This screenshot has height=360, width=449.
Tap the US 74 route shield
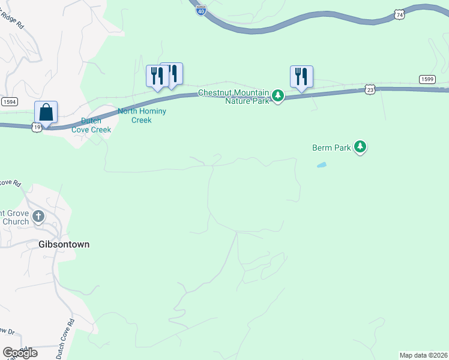coord(399,13)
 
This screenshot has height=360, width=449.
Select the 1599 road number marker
coord(427,80)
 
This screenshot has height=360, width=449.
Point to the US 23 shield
coord(370,89)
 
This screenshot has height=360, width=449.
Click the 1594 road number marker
coord(9,102)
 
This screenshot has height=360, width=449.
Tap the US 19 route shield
coord(37,127)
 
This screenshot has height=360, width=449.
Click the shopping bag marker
coord(46,112)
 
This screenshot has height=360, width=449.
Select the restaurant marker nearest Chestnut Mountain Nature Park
coord(301,76)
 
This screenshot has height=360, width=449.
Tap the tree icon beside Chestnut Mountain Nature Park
coord(278,95)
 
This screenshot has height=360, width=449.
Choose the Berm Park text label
coord(331,147)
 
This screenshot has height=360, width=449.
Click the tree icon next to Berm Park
coord(360,146)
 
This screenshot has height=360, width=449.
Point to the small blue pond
coord(322,165)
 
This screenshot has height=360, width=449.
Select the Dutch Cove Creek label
coord(91,125)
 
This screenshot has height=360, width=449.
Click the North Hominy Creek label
coord(142,115)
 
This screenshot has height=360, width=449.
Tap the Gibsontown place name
coord(63,245)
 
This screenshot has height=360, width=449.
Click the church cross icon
coord(39,217)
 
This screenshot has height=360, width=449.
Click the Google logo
coord(20,353)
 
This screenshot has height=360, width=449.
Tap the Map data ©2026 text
coord(423,355)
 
